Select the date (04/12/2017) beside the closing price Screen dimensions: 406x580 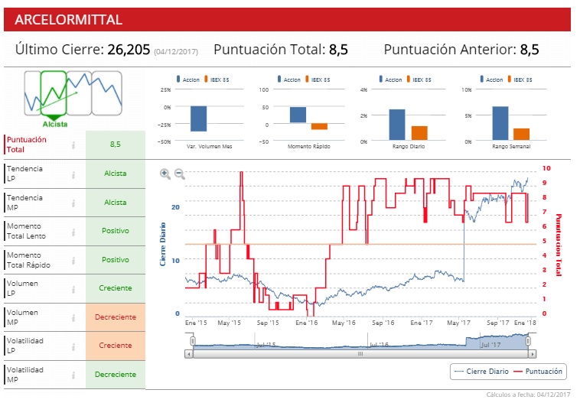[176, 51]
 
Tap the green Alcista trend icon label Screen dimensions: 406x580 [55, 123]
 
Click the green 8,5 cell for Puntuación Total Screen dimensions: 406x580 [115, 144]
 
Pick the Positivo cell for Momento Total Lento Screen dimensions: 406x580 [115, 230]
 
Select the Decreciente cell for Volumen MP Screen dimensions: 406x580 [115, 317]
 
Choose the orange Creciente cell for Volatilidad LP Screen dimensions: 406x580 [115, 346]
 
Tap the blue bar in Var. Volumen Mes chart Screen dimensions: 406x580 [198, 119]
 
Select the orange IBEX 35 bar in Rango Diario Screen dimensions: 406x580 [419, 132]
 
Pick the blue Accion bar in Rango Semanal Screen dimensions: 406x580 [500, 122]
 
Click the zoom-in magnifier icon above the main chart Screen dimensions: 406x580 [165, 174]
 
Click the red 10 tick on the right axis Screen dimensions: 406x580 [546, 168]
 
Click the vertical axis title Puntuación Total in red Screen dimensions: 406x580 [558, 245]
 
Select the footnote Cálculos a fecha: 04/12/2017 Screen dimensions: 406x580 [528, 395]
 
